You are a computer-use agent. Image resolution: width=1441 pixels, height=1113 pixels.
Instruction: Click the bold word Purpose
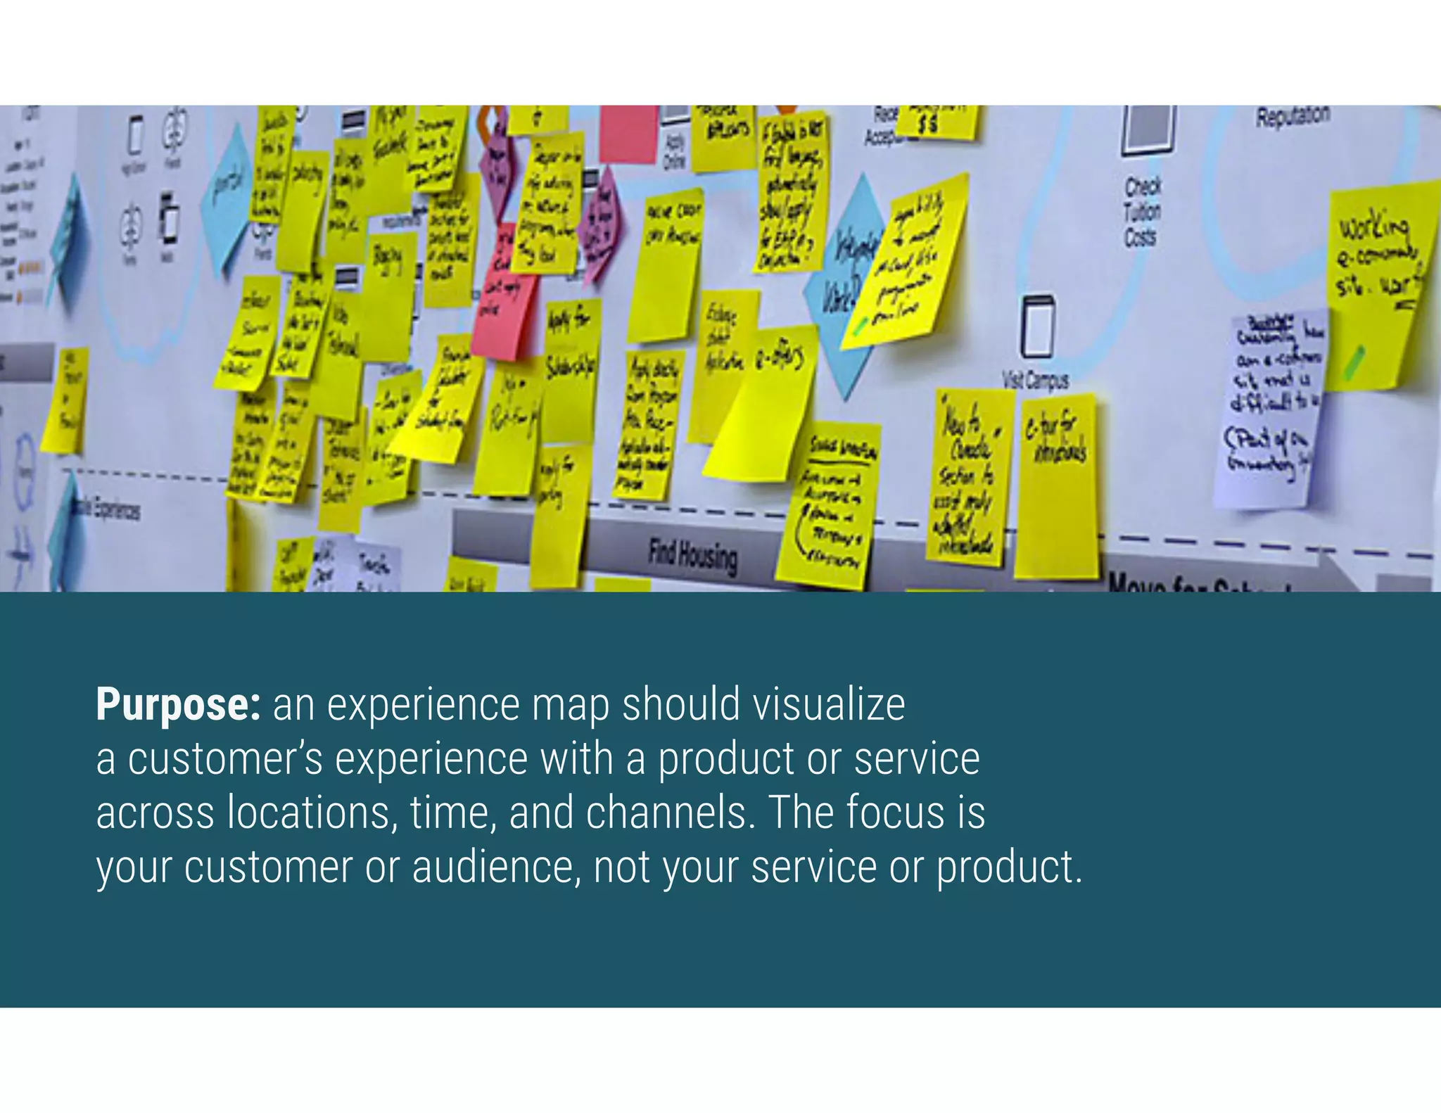click(178, 704)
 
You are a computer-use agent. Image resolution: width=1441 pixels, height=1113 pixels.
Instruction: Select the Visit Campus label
click(1035, 381)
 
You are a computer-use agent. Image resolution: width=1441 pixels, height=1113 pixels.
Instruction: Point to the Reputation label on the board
click(1293, 117)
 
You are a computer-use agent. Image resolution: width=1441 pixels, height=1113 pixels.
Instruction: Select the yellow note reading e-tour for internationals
click(1057, 485)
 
